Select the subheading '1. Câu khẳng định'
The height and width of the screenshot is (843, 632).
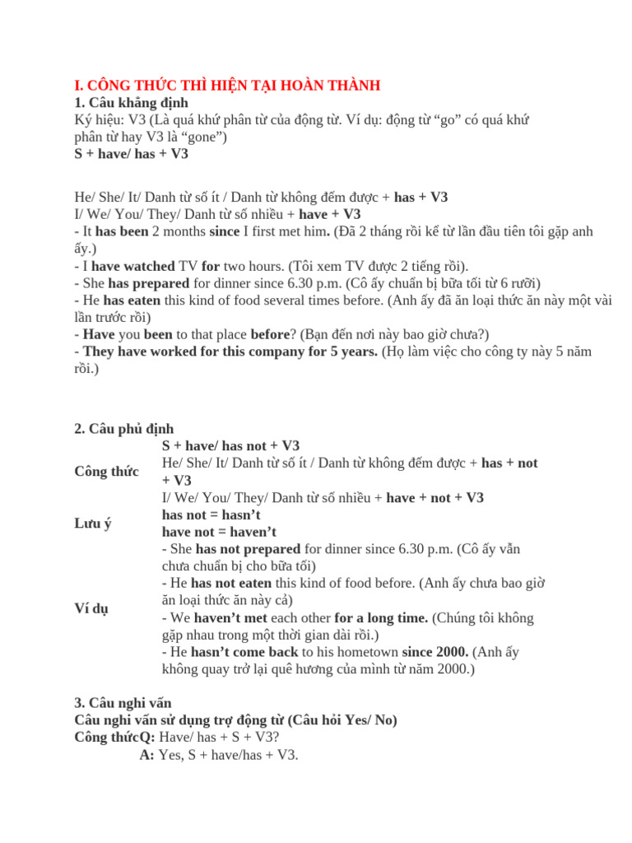click(131, 102)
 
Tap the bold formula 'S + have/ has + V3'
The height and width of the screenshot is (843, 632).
click(131, 154)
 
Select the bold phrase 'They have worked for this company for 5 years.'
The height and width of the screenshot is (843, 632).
click(230, 352)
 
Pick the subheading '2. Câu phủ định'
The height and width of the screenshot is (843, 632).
click(123, 429)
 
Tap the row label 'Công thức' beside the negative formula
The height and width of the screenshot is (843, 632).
click(106, 471)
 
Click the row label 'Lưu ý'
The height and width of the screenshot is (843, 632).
click(92, 524)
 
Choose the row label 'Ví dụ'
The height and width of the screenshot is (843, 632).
click(91, 608)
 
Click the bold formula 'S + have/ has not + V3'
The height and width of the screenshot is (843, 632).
click(231, 445)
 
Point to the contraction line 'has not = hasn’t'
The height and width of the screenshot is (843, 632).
click(211, 515)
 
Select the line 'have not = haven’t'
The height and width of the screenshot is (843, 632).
click(219, 532)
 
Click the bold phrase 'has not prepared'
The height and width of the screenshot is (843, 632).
click(248, 549)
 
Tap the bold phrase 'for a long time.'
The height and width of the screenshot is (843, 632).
click(381, 617)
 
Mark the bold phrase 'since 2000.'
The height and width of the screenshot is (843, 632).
click(435, 652)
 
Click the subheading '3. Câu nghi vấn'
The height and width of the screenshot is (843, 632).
click(123, 703)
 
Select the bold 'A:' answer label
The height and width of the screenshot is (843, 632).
click(147, 754)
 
